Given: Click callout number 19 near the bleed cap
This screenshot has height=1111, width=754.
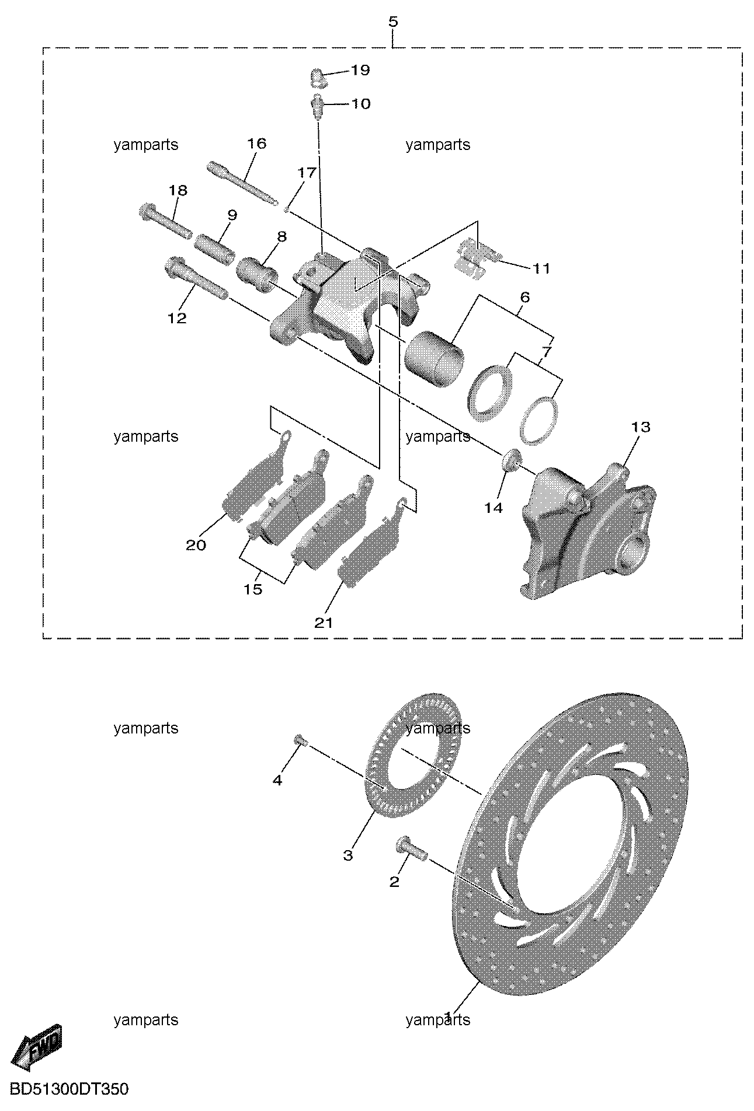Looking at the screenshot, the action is (x=360, y=70).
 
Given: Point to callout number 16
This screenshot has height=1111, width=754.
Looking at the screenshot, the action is (x=256, y=144).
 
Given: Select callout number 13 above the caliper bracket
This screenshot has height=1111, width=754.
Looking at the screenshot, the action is (x=641, y=427).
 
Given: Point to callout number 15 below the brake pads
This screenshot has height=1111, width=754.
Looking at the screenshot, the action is (x=253, y=589).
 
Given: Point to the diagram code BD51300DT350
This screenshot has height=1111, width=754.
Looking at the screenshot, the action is (x=70, y=1089).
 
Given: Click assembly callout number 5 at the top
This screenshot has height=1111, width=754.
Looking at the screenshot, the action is (x=392, y=22).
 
